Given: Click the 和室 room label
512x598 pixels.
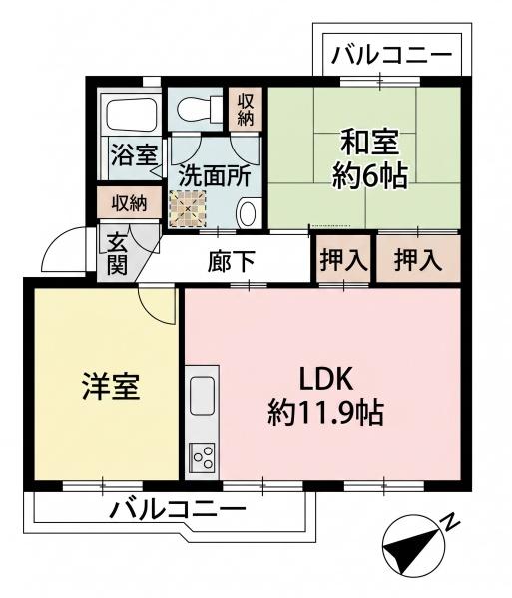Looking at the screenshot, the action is [370, 143].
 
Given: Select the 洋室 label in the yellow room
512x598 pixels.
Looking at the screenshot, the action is [111, 386].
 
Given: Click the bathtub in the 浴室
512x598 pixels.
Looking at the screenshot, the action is [132, 112].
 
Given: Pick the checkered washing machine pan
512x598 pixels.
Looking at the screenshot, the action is [188, 209].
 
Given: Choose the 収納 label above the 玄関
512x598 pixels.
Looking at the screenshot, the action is [129, 203].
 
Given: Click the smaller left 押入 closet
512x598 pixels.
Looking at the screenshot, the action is [344, 259].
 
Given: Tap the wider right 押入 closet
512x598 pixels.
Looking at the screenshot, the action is [418, 259].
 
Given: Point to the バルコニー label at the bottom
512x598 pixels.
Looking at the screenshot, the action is [177, 510].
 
